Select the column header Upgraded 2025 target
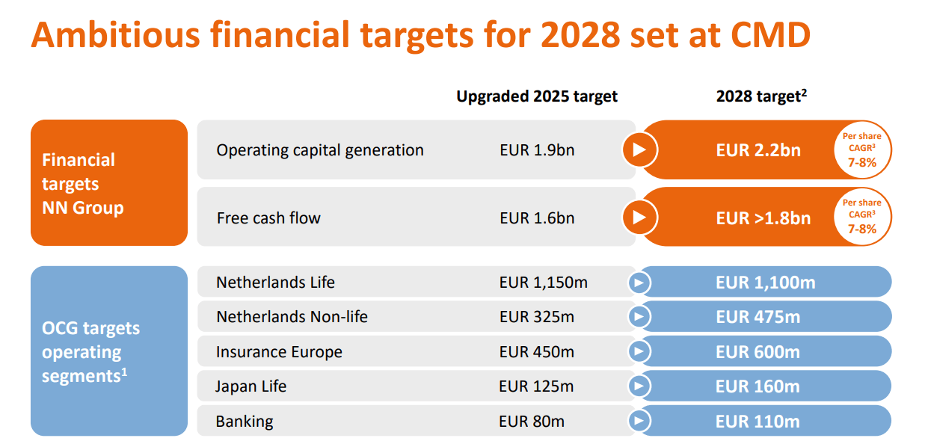pos(537,96)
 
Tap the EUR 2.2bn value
pos(758,150)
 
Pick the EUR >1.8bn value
pos(763,218)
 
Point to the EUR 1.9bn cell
pos(537,150)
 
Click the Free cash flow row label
pos(268,218)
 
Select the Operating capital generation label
pos(320,150)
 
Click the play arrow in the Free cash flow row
pos(639,218)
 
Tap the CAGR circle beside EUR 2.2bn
pos(861,150)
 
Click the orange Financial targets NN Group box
pos(109,183)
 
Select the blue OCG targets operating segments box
pos(109,351)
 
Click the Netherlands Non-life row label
pos(292,317)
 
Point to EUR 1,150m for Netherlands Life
pos(543,283)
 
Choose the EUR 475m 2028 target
pos(758,317)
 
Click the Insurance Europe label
pos(279,352)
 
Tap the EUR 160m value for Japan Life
pos(758,386)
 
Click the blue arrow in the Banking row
pos(639,421)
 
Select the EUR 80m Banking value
pos(532,422)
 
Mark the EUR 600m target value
pos(758,352)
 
